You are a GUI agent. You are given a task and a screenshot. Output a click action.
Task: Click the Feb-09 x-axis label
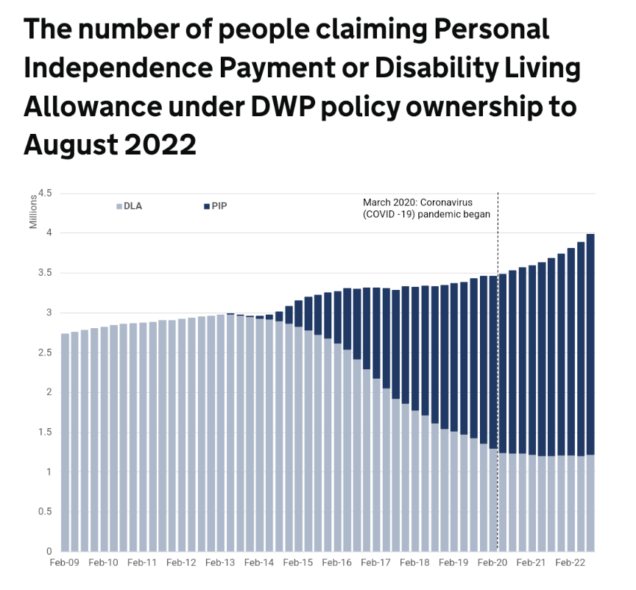click(64, 563)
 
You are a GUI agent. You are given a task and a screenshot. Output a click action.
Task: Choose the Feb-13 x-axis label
click(219, 563)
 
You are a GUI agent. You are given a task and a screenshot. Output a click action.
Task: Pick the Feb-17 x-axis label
click(375, 563)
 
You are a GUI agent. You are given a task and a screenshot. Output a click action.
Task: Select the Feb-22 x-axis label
click(569, 563)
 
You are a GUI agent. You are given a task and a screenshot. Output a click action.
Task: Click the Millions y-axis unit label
click(33, 211)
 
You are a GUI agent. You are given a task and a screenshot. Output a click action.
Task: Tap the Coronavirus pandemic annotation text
click(426, 208)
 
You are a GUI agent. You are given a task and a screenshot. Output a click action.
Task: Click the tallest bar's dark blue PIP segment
click(590, 346)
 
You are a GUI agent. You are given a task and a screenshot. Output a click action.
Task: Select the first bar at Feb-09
click(65, 441)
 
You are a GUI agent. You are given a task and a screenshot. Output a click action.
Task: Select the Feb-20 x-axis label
click(492, 563)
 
